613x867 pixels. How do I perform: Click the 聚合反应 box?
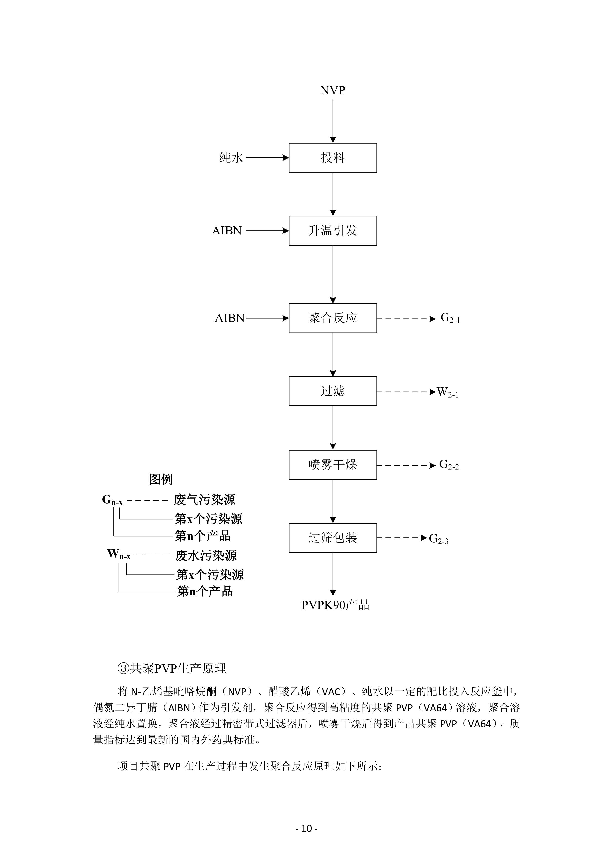(x=333, y=318)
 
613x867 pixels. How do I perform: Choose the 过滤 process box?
(x=333, y=391)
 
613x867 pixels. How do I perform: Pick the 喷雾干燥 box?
(x=333, y=465)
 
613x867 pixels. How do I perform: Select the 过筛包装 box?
(x=333, y=538)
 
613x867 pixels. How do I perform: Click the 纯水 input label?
(x=231, y=157)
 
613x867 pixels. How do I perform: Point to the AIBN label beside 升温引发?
(x=227, y=231)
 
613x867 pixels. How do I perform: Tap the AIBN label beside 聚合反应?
(x=230, y=318)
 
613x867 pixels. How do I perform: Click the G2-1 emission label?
(x=450, y=318)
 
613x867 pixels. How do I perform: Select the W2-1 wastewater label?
(x=447, y=392)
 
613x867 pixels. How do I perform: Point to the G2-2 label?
(x=449, y=465)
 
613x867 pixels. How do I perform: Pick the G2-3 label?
(x=439, y=539)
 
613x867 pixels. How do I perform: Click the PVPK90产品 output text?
(x=335, y=605)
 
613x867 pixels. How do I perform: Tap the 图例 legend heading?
(x=161, y=479)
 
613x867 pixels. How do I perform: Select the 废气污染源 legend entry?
(x=204, y=500)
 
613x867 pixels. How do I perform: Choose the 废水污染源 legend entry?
(x=206, y=555)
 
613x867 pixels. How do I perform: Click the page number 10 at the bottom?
(x=306, y=828)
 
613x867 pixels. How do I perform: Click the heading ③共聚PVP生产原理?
(x=172, y=668)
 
